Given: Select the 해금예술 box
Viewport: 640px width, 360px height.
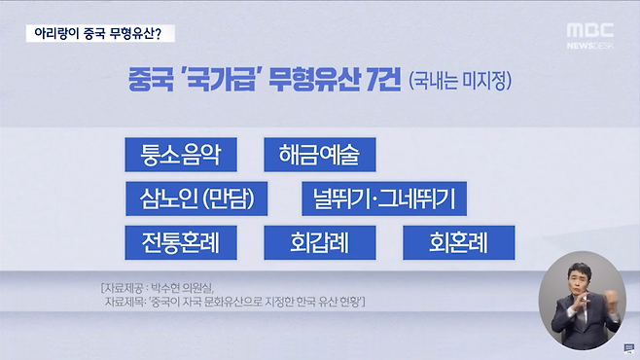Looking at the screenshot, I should point(319,155).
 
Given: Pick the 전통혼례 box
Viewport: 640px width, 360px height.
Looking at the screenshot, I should point(182,240).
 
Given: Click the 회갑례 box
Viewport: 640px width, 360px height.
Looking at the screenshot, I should point(319,240).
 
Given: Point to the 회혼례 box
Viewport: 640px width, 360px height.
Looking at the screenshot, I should point(458,240).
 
